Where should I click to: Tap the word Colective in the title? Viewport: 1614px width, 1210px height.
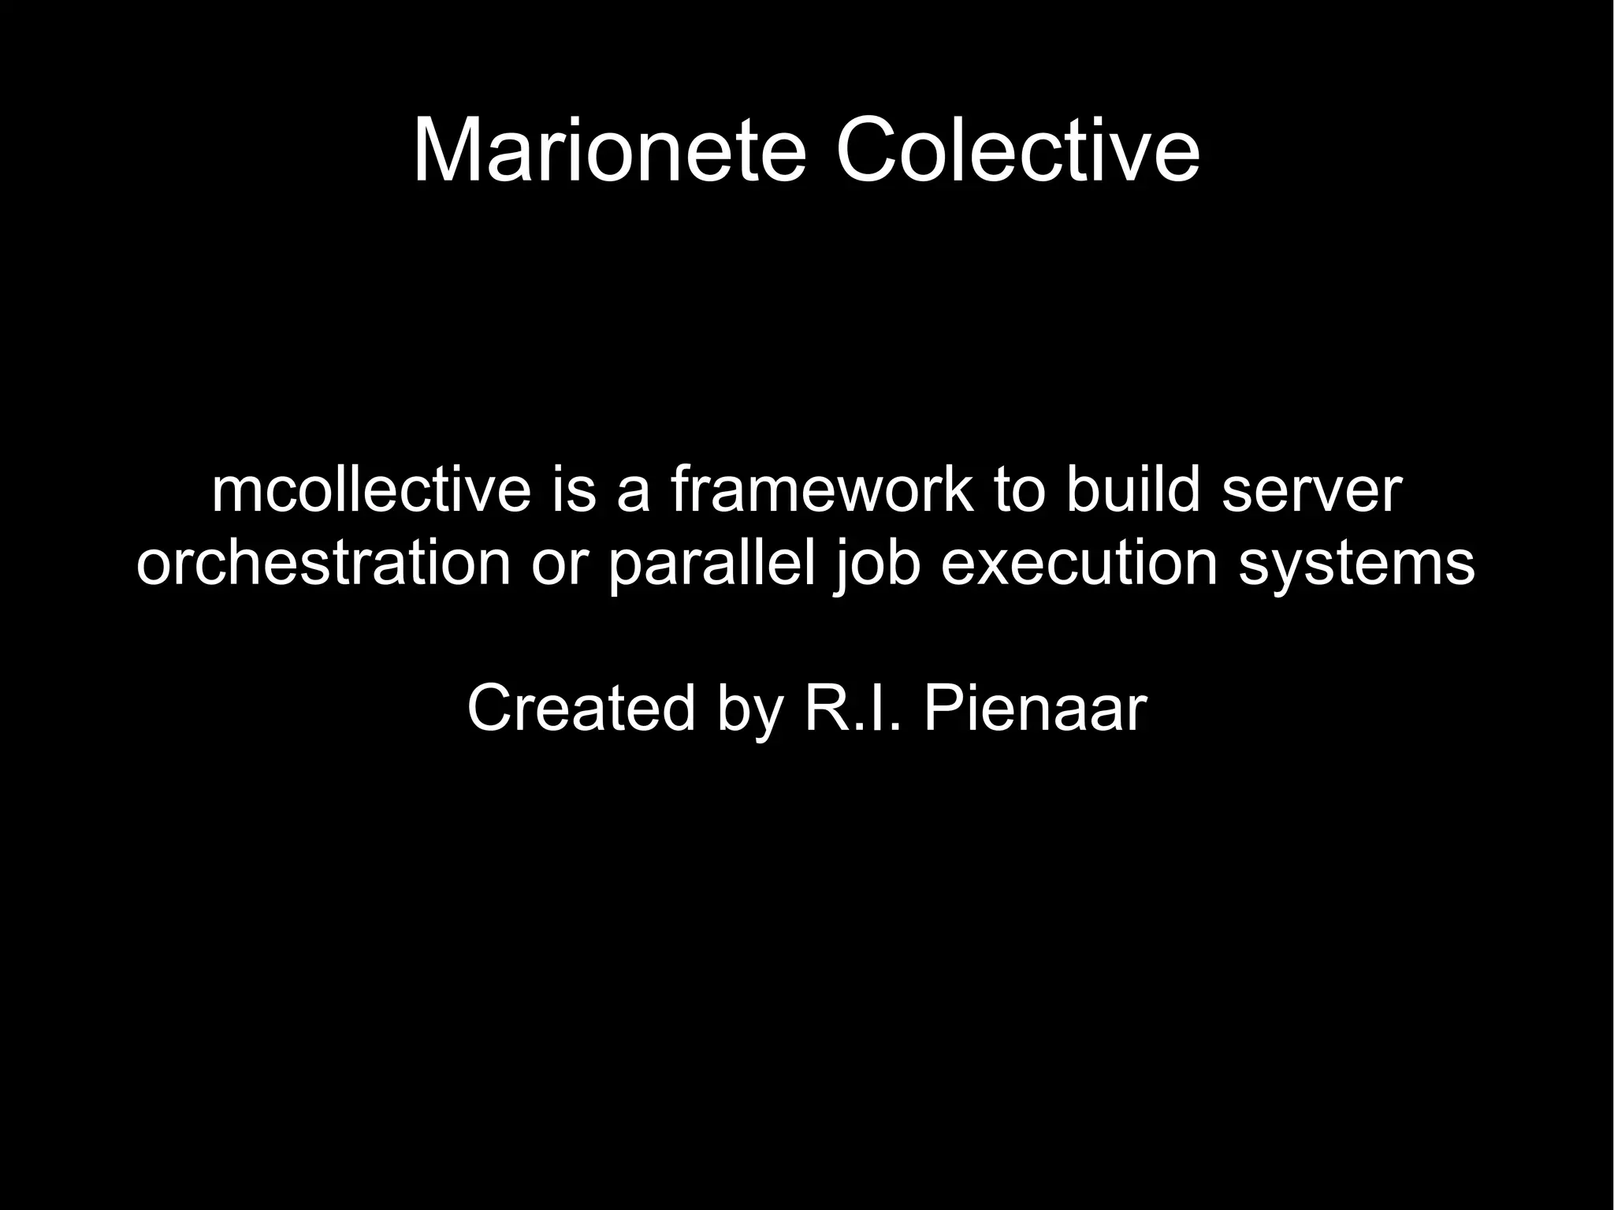1017,150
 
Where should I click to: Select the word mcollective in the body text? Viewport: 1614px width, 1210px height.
371,490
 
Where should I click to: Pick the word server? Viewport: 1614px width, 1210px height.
1311,490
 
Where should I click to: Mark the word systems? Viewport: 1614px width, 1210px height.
1356,564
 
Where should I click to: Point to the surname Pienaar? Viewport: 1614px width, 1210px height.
1035,708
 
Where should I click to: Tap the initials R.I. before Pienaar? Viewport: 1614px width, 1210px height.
852,708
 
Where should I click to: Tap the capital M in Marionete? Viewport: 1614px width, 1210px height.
445,150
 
